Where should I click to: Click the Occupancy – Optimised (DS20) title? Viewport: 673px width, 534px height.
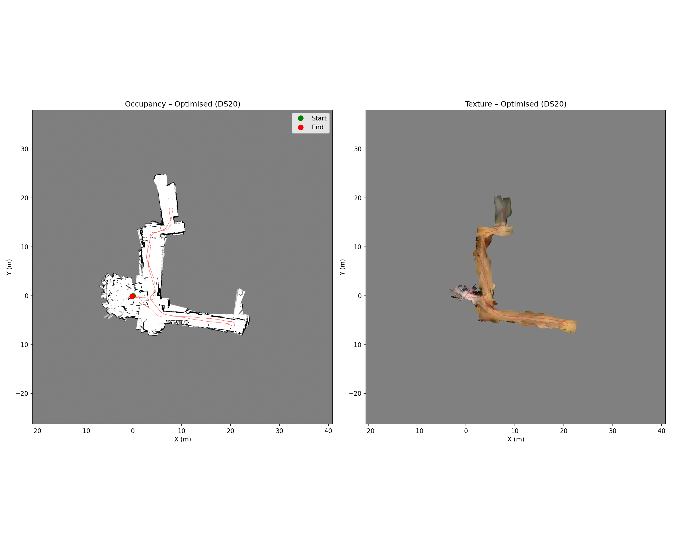pos(182,104)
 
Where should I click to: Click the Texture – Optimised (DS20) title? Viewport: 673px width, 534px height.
pos(516,104)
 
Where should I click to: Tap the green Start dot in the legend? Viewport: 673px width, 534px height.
pos(301,118)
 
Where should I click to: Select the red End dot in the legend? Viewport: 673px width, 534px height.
pos(301,127)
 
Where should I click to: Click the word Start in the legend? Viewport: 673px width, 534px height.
pos(319,118)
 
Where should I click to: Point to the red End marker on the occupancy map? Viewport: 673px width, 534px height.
pos(132,296)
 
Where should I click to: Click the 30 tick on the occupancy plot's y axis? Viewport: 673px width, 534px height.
pos(24,149)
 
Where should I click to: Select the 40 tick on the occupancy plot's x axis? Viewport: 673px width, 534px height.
pos(328,431)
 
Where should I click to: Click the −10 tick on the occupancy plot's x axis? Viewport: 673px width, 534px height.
pos(84,431)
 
